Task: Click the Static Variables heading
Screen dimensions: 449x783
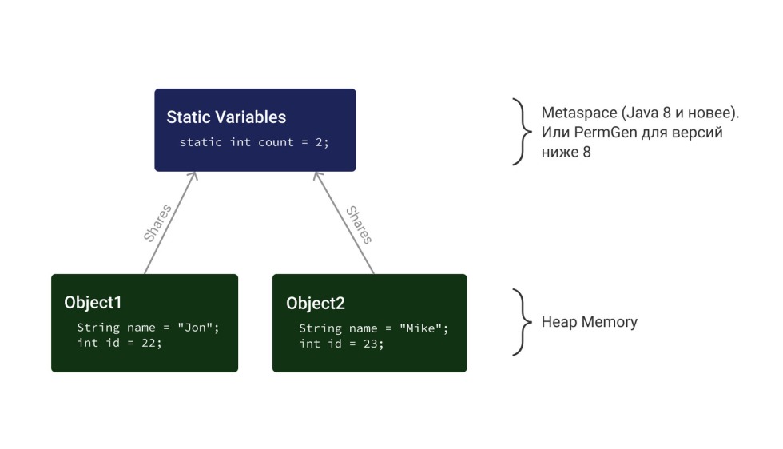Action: pos(226,117)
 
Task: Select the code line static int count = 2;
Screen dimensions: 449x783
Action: pos(254,142)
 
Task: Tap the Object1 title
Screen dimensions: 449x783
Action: pos(93,303)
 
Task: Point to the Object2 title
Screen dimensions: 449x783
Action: pos(315,304)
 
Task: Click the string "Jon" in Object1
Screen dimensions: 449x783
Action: pos(197,328)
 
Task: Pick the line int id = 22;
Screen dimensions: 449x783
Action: pos(119,343)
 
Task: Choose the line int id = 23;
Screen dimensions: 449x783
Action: pos(341,344)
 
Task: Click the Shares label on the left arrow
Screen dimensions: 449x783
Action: pos(157,223)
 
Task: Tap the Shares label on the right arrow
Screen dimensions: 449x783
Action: pos(359,224)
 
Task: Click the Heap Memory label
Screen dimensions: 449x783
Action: pos(589,322)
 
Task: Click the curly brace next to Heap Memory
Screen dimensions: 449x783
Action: pos(521,322)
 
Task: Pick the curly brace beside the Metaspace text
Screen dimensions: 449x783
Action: pos(521,131)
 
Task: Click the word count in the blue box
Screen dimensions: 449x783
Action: pos(274,142)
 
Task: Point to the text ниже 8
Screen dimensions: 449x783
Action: pos(566,151)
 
